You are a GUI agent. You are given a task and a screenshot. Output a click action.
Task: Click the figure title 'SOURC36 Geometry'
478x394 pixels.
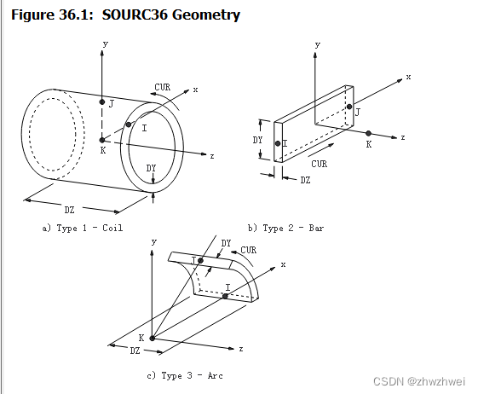(x=171, y=14)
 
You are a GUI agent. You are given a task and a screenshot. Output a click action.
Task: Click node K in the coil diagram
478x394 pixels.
(x=102, y=140)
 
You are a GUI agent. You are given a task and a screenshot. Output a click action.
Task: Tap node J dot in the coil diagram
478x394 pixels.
(x=102, y=101)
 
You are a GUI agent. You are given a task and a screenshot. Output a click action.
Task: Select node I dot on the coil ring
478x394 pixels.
(x=129, y=125)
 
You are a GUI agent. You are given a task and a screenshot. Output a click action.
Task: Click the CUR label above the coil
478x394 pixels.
(x=163, y=87)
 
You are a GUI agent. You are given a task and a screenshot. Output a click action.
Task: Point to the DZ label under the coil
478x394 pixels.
(x=70, y=210)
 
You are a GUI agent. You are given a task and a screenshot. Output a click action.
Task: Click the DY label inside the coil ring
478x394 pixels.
(x=151, y=168)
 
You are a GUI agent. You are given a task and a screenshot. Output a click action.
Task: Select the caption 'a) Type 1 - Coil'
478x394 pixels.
(x=83, y=228)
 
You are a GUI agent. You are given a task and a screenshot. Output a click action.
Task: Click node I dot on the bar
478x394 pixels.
(x=278, y=143)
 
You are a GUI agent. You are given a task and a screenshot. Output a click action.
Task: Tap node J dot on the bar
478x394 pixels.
(x=349, y=107)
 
